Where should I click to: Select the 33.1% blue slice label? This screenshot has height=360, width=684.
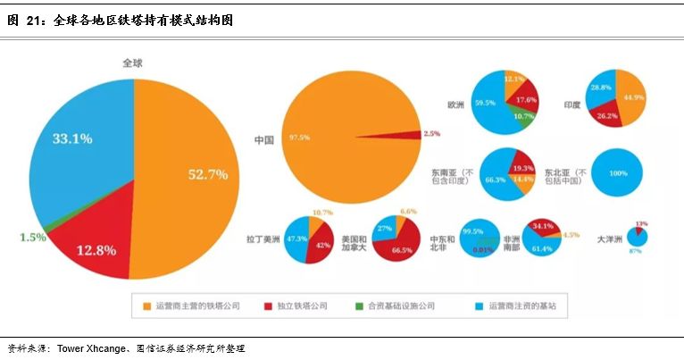(x=71, y=138)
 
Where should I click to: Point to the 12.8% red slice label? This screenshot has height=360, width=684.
(x=95, y=250)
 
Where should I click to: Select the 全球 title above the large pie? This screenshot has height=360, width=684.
(x=133, y=63)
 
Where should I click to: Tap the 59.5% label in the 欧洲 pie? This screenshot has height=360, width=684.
(x=486, y=103)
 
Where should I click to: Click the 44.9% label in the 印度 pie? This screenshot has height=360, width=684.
(x=634, y=96)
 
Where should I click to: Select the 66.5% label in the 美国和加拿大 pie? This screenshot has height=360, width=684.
(x=402, y=251)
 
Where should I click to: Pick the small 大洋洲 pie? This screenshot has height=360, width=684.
(x=638, y=237)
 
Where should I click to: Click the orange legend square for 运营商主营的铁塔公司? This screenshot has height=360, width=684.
(x=147, y=306)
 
